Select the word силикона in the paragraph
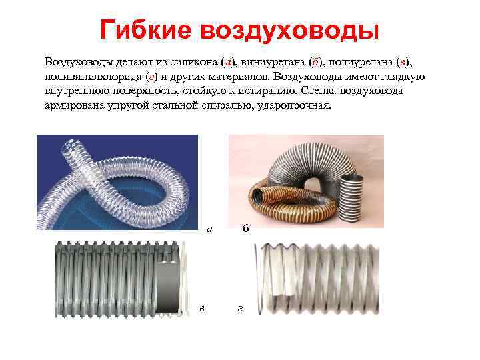point(193,62)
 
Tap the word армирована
point(75,106)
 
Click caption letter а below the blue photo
point(210,229)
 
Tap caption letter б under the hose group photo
point(246,229)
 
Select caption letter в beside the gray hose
point(202,307)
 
